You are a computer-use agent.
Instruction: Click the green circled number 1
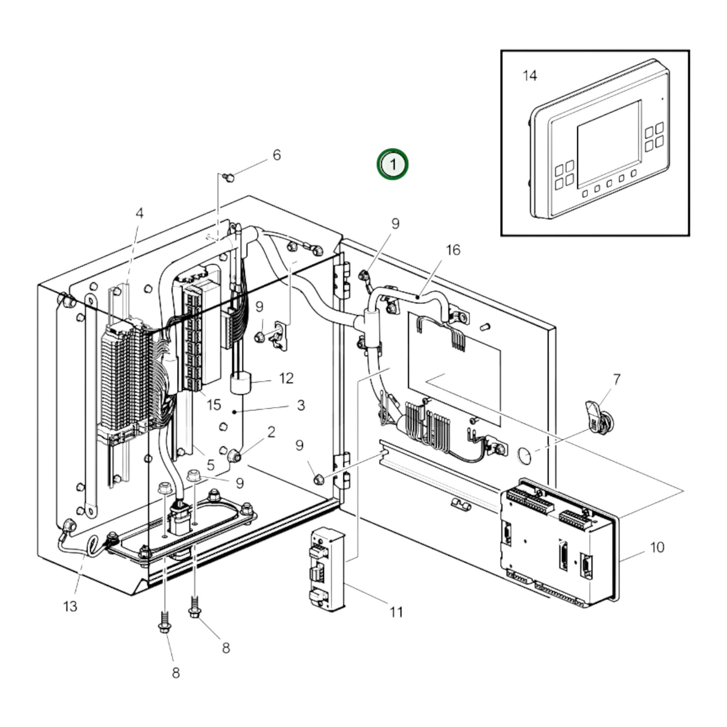[393, 164]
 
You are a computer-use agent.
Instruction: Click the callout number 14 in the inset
[530, 76]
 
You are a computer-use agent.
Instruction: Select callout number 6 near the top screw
[276, 155]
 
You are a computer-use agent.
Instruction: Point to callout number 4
[139, 213]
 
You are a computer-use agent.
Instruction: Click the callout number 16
[453, 250]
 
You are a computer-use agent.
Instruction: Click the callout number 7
[616, 379]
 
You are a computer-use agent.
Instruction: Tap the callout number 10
[657, 547]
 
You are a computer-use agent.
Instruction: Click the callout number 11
[396, 612]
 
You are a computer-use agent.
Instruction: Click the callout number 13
[70, 606]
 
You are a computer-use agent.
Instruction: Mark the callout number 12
[286, 378]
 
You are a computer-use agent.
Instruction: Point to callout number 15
[213, 405]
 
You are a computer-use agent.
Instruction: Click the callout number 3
[300, 405]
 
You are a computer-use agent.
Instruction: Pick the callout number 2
[271, 432]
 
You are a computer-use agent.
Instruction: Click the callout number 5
[210, 465]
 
